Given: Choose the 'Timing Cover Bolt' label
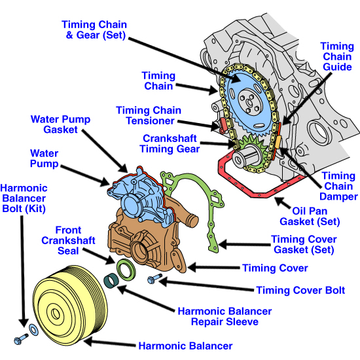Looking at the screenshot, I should [300, 290].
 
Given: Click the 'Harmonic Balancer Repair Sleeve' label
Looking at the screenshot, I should [225, 317].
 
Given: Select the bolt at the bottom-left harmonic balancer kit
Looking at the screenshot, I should [19, 340].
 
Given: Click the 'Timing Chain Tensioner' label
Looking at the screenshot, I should [154, 115].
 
